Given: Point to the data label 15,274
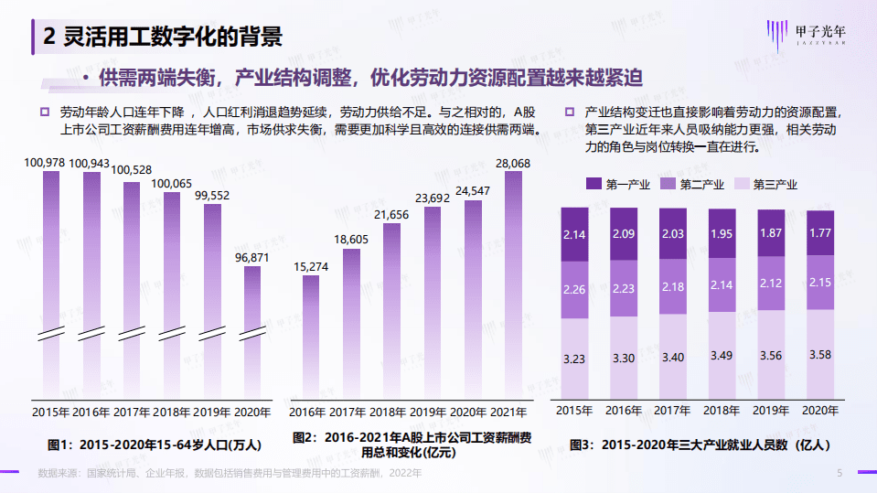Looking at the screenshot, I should [311, 266].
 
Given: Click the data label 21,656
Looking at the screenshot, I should [391, 214].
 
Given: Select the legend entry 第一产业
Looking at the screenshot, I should [617, 184].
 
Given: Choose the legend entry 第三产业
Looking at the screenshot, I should [765, 184].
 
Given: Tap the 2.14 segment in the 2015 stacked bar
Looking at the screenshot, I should [573, 235].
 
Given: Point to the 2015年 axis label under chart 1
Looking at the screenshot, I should [50, 413].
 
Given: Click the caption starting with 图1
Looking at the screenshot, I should [155, 445].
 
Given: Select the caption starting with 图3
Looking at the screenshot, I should [700, 445].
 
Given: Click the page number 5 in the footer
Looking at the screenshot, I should [840, 473].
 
